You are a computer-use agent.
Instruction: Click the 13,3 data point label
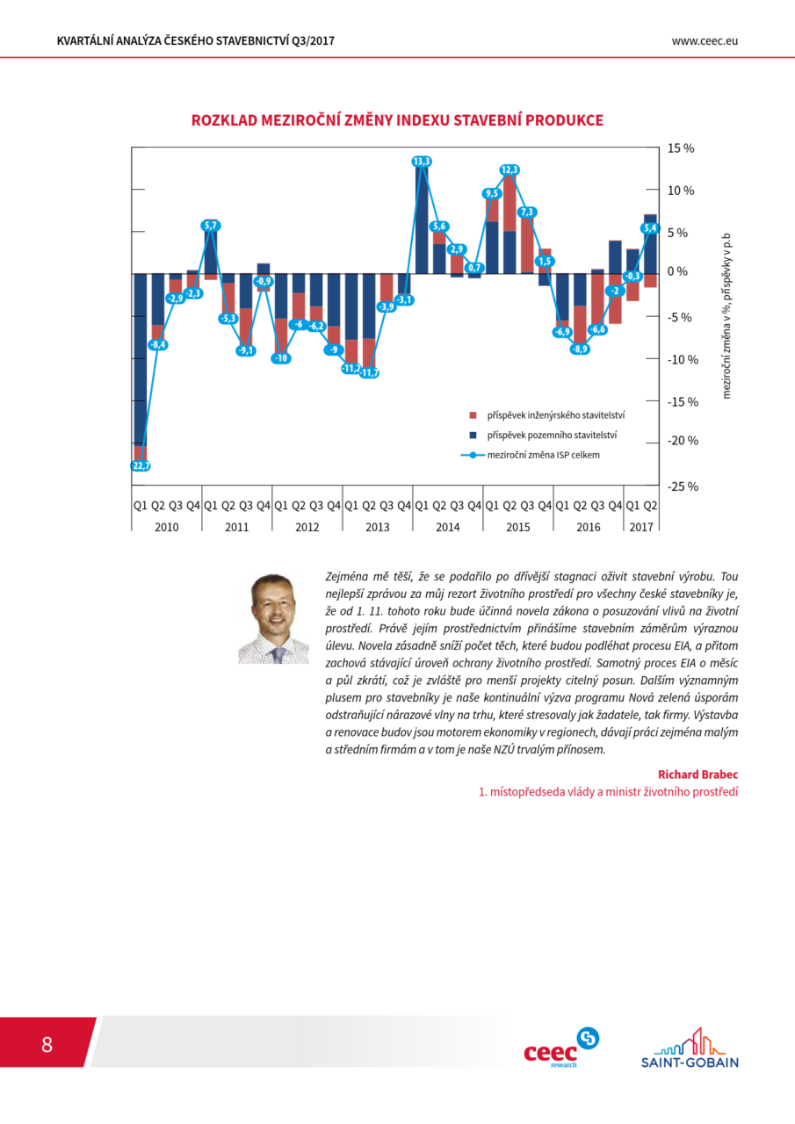point(421,161)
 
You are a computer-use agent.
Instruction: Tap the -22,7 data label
point(141,465)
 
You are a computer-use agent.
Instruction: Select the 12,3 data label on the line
point(510,169)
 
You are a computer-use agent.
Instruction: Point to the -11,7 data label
point(370,373)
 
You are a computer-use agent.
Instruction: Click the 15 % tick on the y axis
point(681,148)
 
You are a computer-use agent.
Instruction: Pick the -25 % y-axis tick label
point(683,486)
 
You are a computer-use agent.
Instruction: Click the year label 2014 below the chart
point(448,527)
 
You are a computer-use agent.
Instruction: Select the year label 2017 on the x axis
point(641,527)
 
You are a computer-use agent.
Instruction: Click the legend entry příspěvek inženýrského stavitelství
point(547,415)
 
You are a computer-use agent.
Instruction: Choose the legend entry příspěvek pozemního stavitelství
point(543,435)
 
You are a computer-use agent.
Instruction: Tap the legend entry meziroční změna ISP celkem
point(531,455)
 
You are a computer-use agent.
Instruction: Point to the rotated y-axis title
point(726,316)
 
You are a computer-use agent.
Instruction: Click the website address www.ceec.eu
point(705,41)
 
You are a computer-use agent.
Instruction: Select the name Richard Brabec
point(697,775)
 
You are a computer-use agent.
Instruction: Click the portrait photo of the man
point(274,619)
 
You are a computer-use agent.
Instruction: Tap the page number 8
point(47,1044)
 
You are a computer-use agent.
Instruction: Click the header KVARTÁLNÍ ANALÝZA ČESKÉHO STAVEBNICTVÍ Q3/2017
point(196,41)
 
